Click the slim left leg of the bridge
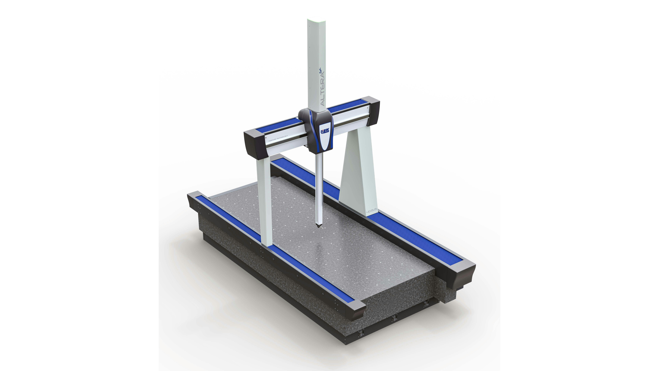tap(264, 202)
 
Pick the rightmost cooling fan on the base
tap(426, 304)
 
